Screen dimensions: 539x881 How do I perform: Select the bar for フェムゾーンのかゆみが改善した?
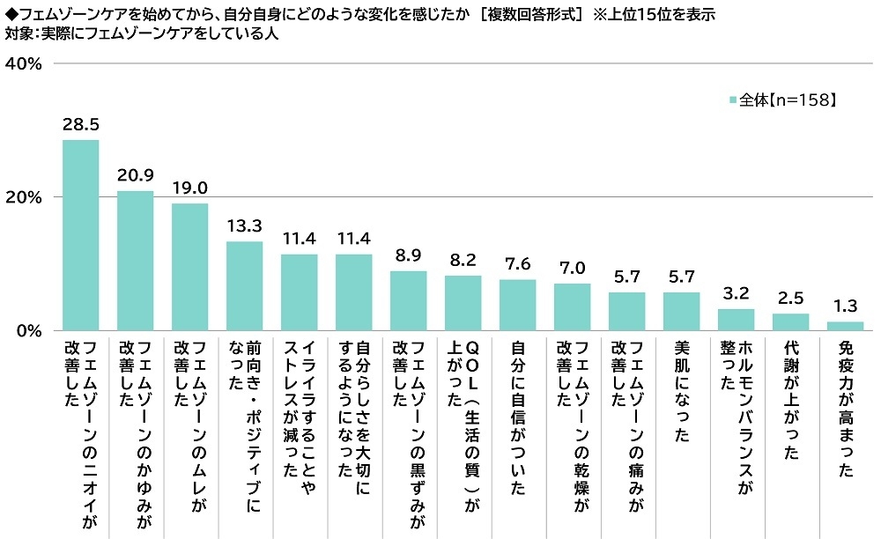pyautogui.click(x=135, y=261)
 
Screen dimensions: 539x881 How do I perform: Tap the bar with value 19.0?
pyautogui.click(x=189, y=267)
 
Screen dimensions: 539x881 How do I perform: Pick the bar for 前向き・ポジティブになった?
pyautogui.click(x=244, y=286)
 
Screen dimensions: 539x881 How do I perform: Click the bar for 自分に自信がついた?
pyautogui.click(x=518, y=305)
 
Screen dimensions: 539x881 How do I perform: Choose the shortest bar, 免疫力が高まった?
pyautogui.click(x=846, y=326)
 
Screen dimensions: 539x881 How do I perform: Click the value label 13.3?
pyautogui.click(x=244, y=227)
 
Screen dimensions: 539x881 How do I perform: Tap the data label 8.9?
pyautogui.click(x=409, y=256)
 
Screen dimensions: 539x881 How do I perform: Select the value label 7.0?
pyautogui.click(x=573, y=269)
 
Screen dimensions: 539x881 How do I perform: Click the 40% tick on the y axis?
pyautogui.click(x=24, y=63)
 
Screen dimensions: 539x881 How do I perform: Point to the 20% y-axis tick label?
pyautogui.click(x=24, y=197)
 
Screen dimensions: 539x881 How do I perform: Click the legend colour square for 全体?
pyautogui.click(x=733, y=100)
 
